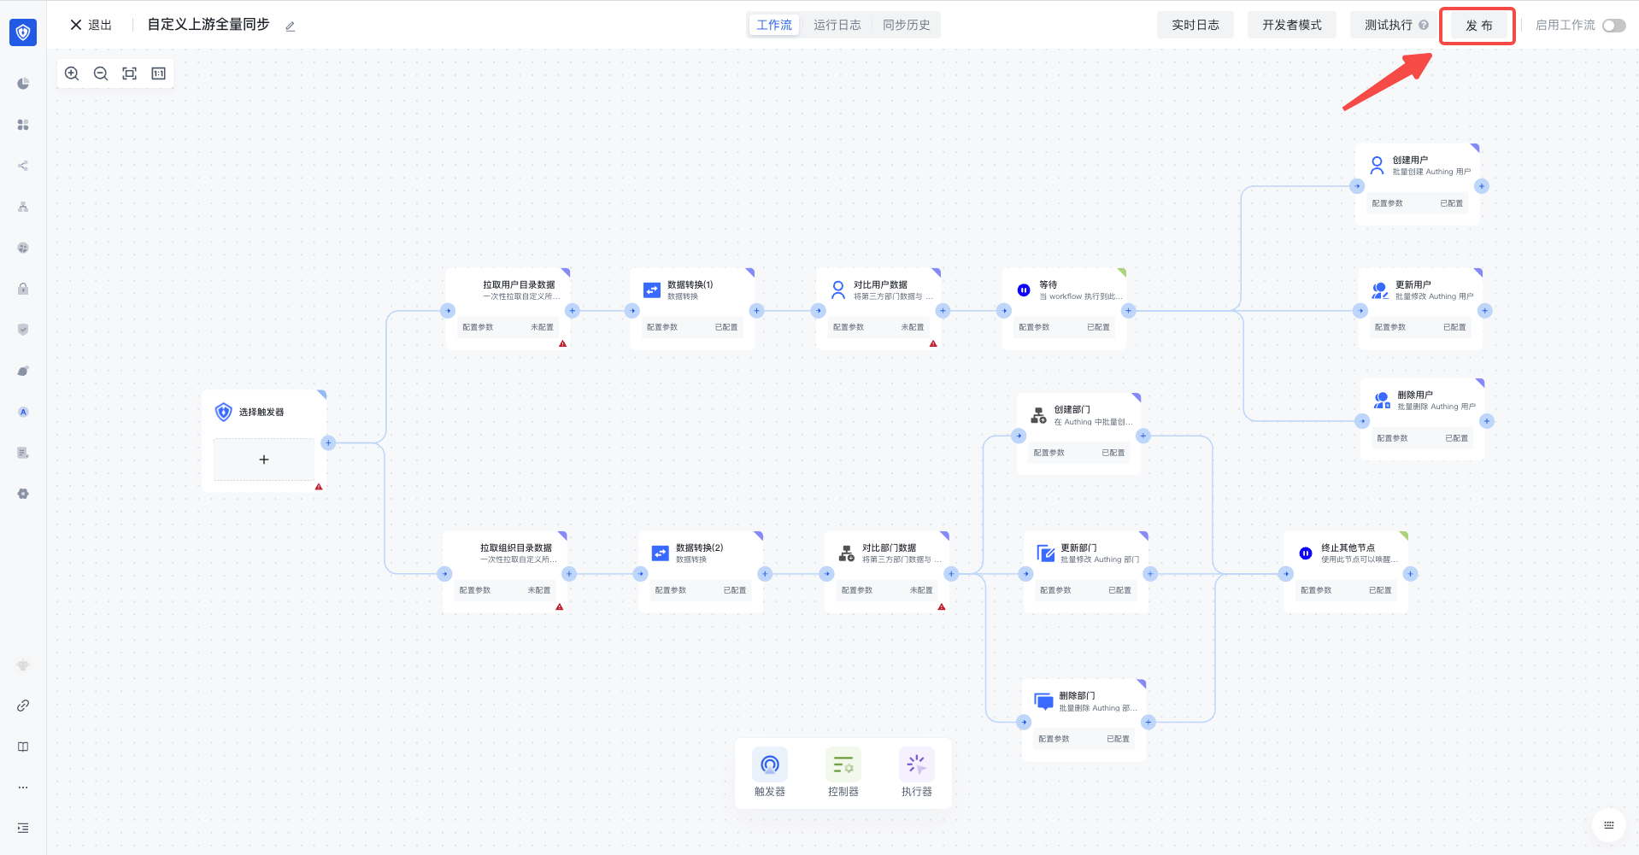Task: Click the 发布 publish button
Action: click(x=1477, y=26)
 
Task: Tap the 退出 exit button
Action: click(x=91, y=25)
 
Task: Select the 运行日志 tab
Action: click(x=837, y=25)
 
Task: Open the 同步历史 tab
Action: click(x=906, y=25)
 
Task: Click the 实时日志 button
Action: click(x=1195, y=25)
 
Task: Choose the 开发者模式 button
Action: click(x=1291, y=25)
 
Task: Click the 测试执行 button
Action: click(x=1388, y=25)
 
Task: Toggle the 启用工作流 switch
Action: click(x=1613, y=26)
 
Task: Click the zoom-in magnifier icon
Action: click(x=73, y=73)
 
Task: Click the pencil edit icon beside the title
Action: click(x=290, y=26)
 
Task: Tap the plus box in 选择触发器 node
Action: click(x=263, y=460)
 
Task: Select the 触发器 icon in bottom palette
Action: click(x=769, y=764)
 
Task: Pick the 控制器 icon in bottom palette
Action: click(x=843, y=764)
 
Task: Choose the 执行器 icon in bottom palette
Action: click(x=916, y=764)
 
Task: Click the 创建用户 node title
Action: click(x=1410, y=160)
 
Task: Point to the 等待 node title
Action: click(x=1048, y=284)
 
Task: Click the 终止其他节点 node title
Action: click(x=1348, y=548)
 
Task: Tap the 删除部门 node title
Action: click(x=1077, y=695)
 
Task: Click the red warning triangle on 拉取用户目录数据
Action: click(x=563, y=343)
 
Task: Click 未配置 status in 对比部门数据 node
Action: click(x=920, y=590)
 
